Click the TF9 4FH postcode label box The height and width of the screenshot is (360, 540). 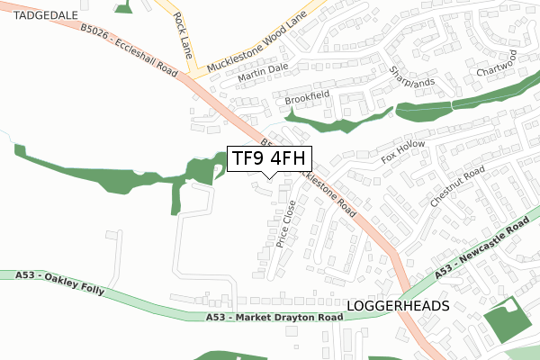[x=269, y=158]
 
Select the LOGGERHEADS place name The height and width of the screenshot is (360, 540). [x=397, y=307]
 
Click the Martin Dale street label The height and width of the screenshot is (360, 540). [x=262, y=75]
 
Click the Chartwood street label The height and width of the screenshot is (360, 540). [x=495, y=66]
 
